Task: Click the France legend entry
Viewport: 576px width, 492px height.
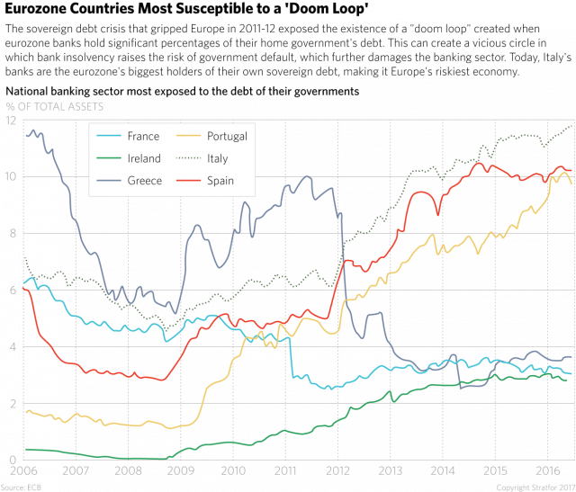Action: coord(144,137)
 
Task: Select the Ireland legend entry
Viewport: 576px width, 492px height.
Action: coord(144,158)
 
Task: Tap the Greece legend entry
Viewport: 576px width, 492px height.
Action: coord(144,181)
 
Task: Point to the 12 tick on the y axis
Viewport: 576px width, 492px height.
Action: coord(12,120)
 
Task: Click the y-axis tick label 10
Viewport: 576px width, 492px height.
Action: coord(12,176)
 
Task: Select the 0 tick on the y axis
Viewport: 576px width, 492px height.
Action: coord(10,460)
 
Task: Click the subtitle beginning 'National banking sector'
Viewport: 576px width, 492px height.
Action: coord(181,93)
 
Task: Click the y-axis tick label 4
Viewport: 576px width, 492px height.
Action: coord(10,346)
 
